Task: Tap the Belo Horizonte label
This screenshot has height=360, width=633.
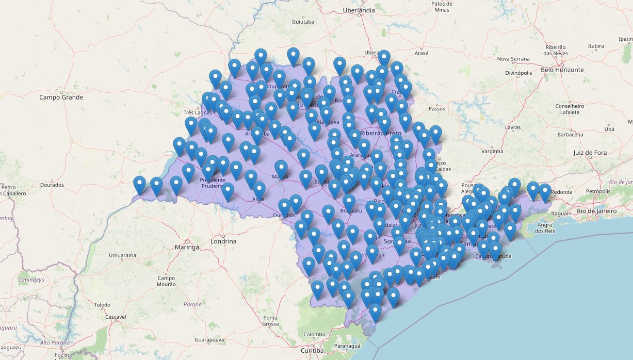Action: [x=562, y=70]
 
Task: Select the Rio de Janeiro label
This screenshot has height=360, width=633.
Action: [x=597, y=211]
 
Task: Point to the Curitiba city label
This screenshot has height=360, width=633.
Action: [x=312, y=351]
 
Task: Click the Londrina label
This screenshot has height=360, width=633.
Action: [x=223, y=241]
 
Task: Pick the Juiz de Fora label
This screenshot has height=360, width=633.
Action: [x=590, y=153]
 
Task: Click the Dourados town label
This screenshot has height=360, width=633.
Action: [x=52, y=185]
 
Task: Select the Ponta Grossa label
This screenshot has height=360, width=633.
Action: [x=270, y=321]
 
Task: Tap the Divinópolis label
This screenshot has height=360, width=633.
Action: [x=518, y=73]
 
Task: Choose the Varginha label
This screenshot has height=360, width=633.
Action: [x=492, y=152]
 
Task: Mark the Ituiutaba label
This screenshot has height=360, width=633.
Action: [x=303, y=22]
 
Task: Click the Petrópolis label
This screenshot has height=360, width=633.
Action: [x=599, y=191]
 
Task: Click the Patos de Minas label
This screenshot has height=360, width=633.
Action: [x=440, y=6]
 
